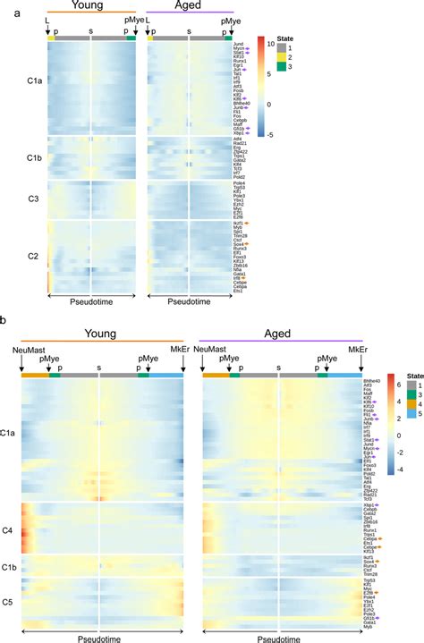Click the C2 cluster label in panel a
point(33,256)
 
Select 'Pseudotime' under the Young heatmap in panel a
point(91,301)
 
